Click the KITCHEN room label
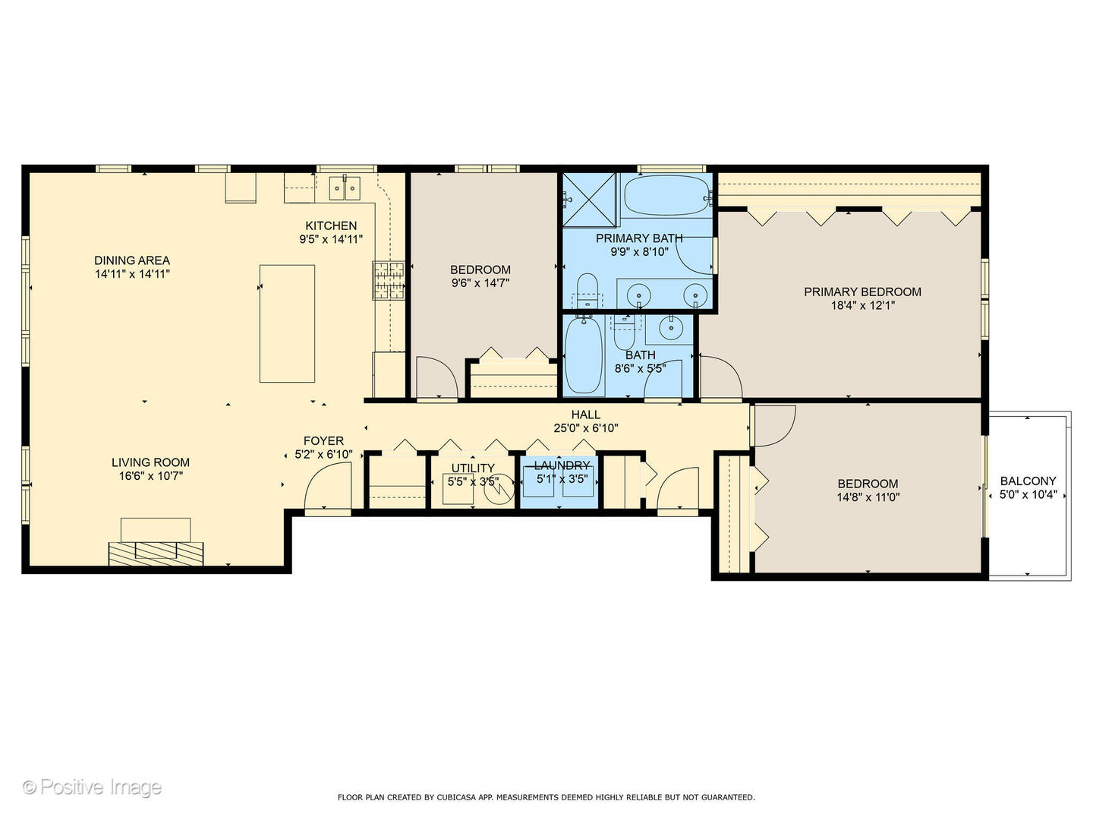(331, 225)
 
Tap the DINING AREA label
(132, 260)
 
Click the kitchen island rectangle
(287, 323)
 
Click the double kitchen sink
(345, 187)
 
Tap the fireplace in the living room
(156, 553)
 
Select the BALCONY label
(1028, 481)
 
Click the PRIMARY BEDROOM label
(862, 292)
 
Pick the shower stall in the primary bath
(590, 200)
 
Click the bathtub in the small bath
(584, 355)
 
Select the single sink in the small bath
(670, 329)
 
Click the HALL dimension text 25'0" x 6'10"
(586, 428)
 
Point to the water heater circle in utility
(499, 493)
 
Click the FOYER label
(323, 440)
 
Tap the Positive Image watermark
(92, 787)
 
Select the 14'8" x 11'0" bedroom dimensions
(868, 497)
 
